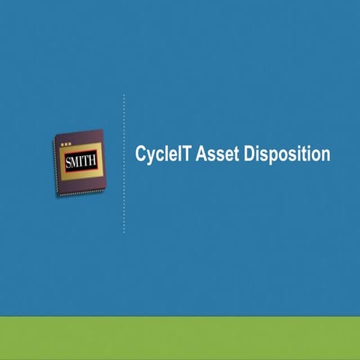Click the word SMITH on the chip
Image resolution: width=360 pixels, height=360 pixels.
[80, 161]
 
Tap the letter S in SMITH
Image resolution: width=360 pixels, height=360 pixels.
[69, 161]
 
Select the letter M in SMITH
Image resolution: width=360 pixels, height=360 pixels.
[76, 161]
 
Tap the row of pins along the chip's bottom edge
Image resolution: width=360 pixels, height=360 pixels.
[82, 193]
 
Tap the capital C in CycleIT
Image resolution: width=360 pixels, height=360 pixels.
[140, 154]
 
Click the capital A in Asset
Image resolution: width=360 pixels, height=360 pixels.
[201, 154]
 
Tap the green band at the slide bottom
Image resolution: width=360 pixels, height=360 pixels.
[180, 337]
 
